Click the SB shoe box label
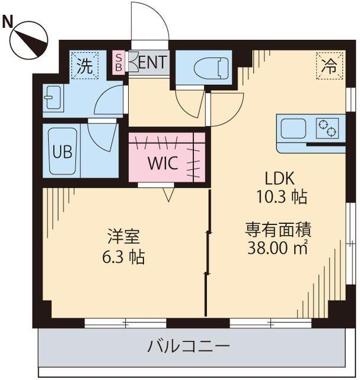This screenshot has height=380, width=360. coord(119,61)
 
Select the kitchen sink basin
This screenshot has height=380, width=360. coord(293,128)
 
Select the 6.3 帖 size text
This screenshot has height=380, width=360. coord(123,258)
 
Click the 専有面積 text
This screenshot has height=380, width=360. coord(278,227)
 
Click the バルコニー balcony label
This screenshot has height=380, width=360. coord(188,346)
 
